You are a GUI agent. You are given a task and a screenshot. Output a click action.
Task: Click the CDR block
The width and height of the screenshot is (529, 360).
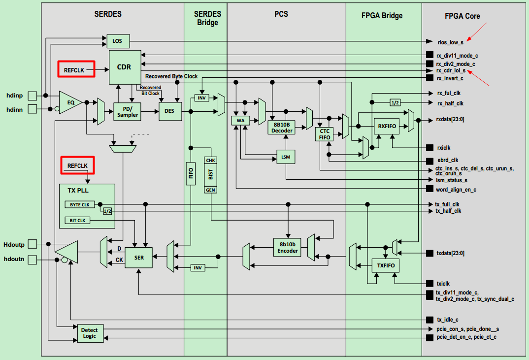point(124,66)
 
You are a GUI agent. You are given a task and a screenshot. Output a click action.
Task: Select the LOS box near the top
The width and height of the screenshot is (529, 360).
point(117,41)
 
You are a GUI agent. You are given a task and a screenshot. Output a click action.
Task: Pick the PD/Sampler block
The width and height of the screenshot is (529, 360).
point(128,112)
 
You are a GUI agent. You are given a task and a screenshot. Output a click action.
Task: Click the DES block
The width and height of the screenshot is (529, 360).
point(169,111)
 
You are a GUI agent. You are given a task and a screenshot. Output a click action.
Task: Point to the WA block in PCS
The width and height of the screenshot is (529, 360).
point(240,121)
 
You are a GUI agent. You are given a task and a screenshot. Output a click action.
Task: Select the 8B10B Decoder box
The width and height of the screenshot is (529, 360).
point(282,128)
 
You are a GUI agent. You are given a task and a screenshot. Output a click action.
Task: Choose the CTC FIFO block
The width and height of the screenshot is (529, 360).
point(325,134)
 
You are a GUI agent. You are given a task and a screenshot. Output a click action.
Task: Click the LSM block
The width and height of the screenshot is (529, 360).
point(285,157)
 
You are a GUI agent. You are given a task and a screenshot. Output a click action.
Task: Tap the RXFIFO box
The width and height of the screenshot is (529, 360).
point(386,127)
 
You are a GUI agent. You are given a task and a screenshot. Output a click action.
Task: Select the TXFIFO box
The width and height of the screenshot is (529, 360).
point(385,266)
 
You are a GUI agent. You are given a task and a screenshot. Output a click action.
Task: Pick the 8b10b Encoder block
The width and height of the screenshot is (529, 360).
point(288,247)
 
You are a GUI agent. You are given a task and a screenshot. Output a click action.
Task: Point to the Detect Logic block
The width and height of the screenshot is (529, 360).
point(89,333)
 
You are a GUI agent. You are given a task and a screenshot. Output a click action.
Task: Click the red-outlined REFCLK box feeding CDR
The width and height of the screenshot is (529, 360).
point(76,70)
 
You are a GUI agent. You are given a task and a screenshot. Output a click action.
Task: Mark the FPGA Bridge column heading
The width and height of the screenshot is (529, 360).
point(382,15)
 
